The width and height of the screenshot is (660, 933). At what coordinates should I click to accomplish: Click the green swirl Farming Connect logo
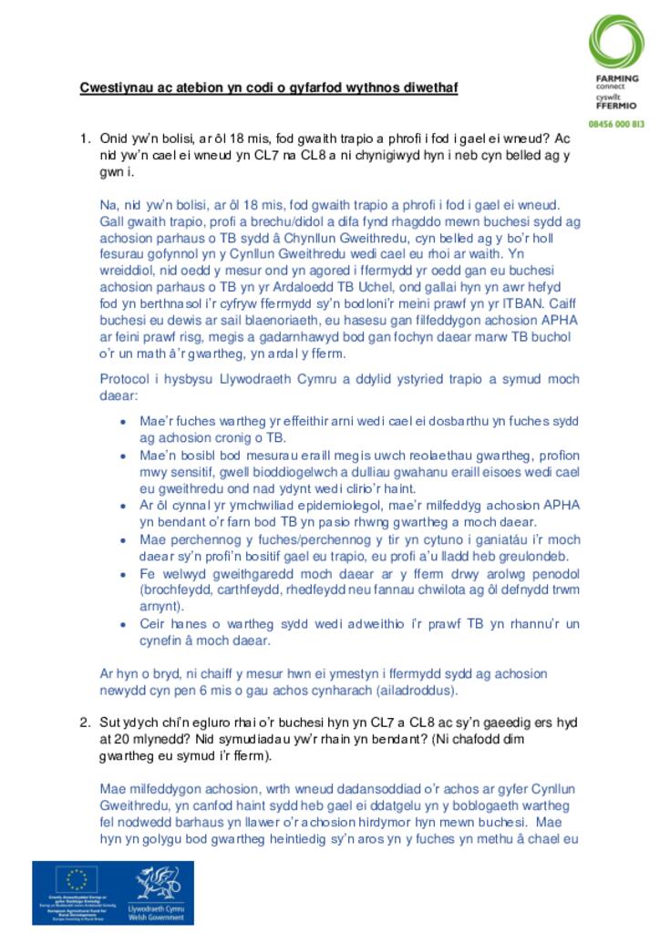click(615, 41)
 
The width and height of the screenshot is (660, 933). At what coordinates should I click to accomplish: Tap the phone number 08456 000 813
click(615, 123)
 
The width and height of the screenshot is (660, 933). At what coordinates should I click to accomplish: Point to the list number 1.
click(85, 138)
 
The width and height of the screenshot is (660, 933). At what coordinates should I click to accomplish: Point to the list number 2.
click(85, 723)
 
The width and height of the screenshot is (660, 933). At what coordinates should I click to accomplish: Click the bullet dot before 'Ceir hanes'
click(124, 624)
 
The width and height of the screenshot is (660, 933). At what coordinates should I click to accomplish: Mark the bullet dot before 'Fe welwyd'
click(124, 573)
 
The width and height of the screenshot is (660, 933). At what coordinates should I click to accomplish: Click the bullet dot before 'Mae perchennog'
click(124, 539)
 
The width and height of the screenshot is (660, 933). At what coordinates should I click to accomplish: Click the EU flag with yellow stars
click(77, 879)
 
